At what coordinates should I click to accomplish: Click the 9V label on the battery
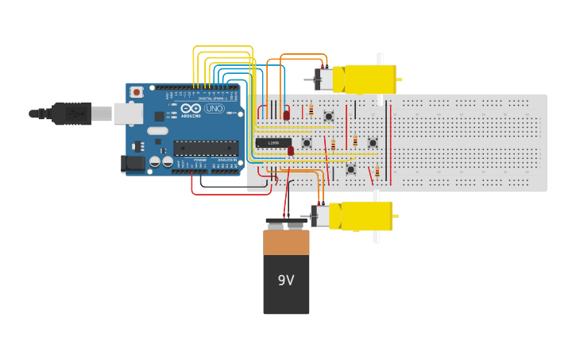(286, 281)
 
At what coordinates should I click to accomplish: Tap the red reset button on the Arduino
(137, 92)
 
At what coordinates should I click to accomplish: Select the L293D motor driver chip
(273, 143)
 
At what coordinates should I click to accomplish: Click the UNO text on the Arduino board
(215, 109)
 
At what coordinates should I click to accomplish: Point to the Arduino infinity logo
(191, 109)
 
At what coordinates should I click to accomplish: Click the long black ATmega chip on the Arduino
(206, 148)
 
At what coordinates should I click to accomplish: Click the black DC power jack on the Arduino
(133, 164)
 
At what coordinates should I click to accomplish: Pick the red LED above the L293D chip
(287, 115)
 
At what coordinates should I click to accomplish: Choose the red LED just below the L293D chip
(291, 150)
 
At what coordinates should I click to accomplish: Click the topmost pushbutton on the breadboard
(328, 117)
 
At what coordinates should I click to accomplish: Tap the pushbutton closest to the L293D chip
(307, 143)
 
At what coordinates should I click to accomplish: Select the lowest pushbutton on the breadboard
(350, 169)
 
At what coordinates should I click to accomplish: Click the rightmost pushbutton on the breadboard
(373, 143)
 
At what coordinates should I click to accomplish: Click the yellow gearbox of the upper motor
(369, 79)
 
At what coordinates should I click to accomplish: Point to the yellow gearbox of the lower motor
(366, 215)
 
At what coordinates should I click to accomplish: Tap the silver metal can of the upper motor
(324, 79)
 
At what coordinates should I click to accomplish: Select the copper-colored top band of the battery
(286, 242)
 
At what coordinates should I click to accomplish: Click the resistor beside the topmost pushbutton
(311, 110)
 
